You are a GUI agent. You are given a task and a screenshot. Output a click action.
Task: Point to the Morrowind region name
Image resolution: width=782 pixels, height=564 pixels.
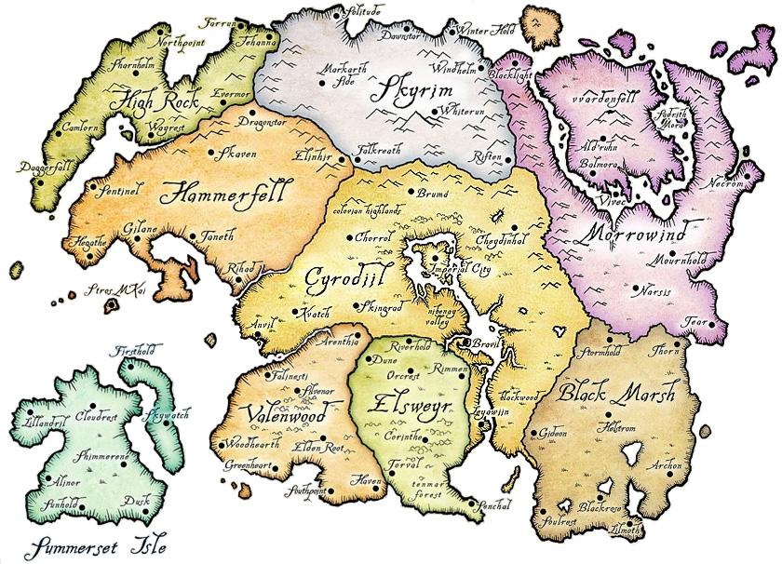pos(636,229)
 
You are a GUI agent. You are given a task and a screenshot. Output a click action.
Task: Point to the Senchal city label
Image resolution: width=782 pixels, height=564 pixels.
pos(492,506)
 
